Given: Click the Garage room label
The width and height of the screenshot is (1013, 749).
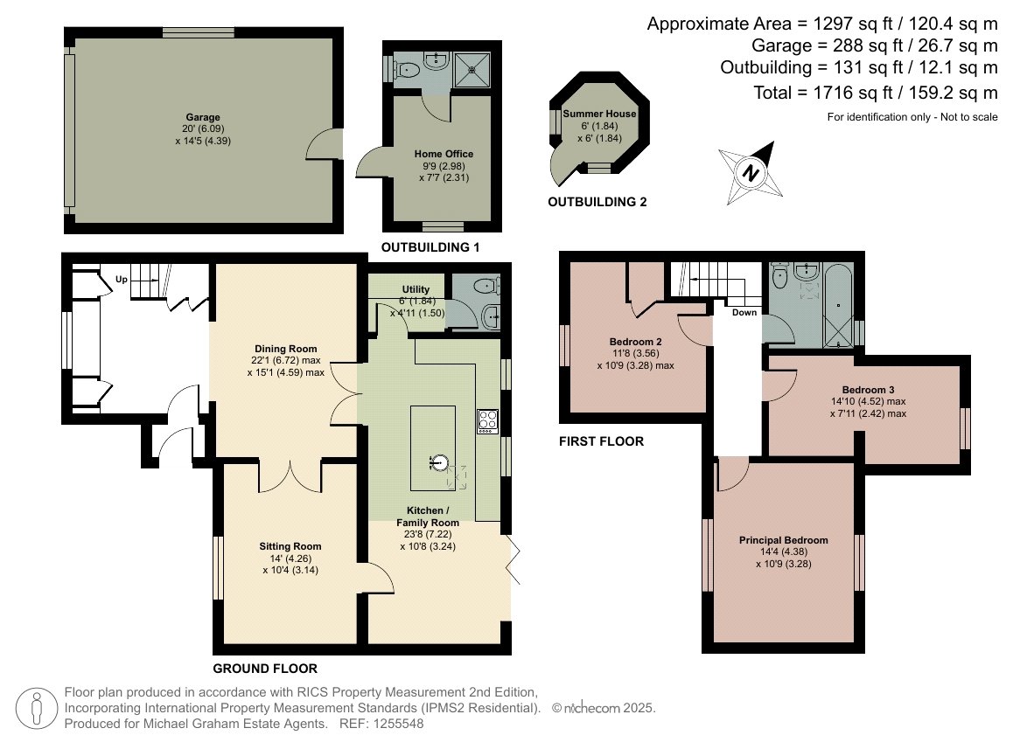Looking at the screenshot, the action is click(203, 117).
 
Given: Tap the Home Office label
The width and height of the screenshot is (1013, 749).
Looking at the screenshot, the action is click(444, 154).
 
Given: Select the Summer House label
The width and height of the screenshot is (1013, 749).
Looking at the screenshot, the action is click(599, 114).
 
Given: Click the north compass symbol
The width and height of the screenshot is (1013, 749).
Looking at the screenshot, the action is click(751, 173).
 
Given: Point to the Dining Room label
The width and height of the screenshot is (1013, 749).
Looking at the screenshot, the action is click(285, 349).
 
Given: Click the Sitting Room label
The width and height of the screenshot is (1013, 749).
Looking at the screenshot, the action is click(290, 546).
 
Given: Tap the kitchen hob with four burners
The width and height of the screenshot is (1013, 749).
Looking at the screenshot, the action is click(488, 421).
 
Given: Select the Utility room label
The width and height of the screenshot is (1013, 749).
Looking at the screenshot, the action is click(416, 289).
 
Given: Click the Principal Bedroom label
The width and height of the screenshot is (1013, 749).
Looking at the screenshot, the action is click(784, 540).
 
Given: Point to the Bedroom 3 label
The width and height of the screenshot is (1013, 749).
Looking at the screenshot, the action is click(869, 389).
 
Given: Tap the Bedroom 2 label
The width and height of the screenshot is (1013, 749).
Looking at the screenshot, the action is click(636, 342).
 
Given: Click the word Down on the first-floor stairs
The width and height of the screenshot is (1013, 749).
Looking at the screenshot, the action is click(744, 313).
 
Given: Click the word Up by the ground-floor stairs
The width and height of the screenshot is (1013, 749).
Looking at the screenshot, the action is click(122, 280).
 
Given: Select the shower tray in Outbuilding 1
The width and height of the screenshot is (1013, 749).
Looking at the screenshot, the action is click(472, 70).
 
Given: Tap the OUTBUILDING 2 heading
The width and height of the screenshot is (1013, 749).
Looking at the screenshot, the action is click(597, 202).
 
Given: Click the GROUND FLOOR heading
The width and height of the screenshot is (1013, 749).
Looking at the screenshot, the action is click(265, 669).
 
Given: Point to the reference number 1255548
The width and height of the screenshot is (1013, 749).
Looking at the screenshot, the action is click(399, 724).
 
